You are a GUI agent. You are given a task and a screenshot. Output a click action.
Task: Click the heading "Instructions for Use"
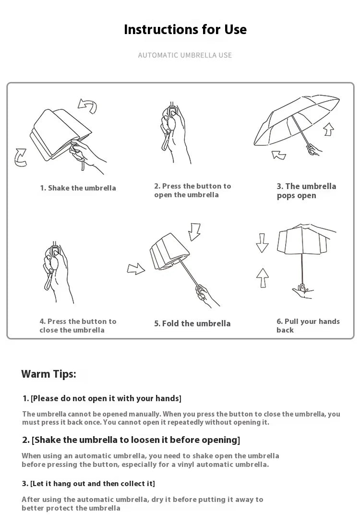[185, 29]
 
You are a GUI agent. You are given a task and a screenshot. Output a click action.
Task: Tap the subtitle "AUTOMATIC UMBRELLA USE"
[185, 55]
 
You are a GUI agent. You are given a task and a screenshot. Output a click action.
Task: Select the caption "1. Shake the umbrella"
[78, 188]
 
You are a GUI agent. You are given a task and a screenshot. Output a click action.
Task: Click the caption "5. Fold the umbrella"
[192, 323]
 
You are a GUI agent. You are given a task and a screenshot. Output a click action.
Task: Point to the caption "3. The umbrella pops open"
[306, 191]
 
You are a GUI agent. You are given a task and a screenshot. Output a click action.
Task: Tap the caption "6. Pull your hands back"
[308, 325]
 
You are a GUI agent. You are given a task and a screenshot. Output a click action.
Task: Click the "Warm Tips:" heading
[49, 374]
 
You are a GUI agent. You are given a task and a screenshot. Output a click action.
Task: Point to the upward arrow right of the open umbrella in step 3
[329, 129]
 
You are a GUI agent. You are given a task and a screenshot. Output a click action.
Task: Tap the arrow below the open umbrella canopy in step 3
[278, 155]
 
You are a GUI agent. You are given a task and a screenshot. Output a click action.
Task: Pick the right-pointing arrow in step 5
[136, 268]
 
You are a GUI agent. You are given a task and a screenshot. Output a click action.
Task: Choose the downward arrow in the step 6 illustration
[262, 243]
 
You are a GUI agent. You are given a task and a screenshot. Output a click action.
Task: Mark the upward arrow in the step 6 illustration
[263, 278]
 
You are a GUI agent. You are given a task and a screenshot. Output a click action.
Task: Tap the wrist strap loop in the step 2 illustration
[165, 142]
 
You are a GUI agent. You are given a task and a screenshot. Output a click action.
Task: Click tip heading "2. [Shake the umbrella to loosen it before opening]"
[131, 440]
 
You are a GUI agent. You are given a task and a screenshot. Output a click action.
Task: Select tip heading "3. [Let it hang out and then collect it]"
[88, 484]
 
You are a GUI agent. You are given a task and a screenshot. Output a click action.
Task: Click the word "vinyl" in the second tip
[186, 464]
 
